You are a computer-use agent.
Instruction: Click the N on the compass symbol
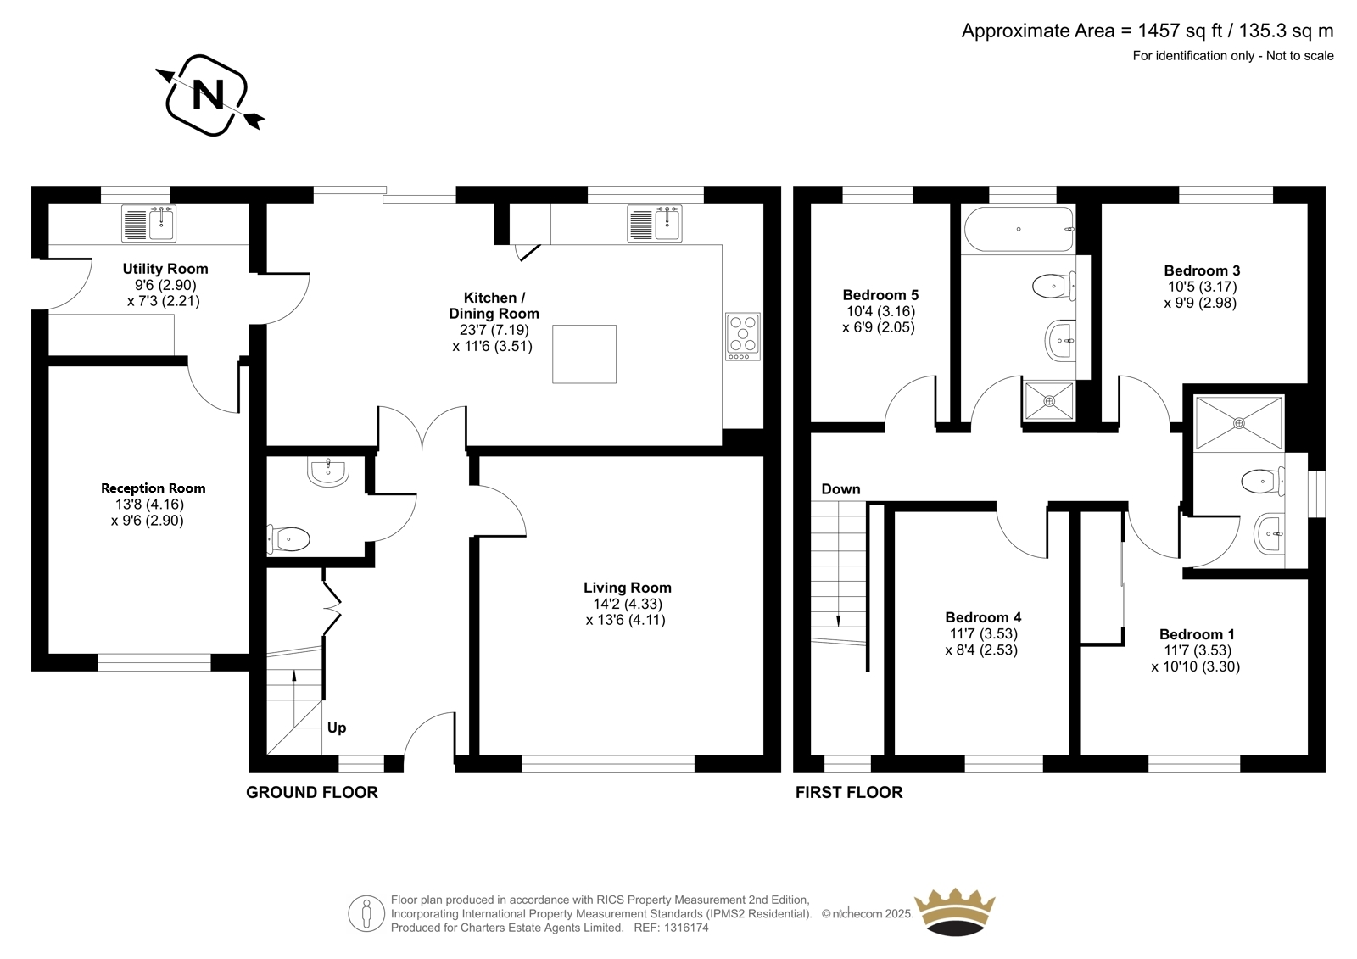[208, 95]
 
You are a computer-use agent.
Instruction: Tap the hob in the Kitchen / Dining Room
[743, 337]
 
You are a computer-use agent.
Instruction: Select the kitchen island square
[584, 354]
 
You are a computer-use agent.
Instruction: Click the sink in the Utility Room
[149, 223]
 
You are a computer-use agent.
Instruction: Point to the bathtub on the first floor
[1019, 230]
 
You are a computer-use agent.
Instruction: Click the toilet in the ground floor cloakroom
[289, 538]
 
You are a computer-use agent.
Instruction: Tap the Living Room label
[628, 587]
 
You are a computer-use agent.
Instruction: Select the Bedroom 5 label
[880, 295]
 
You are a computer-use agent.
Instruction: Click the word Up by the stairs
[337, 728]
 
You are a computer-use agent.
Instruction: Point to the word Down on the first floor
[840, 489]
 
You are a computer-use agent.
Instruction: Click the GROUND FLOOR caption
[312, 793]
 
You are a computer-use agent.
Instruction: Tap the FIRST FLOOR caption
[849, 793]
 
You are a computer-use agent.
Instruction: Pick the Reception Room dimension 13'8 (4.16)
[149, 504]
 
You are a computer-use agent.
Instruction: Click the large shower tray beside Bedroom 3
[1239, 423]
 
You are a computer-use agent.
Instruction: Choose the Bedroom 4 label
[983, 617]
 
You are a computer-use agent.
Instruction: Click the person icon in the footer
[366, 913]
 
